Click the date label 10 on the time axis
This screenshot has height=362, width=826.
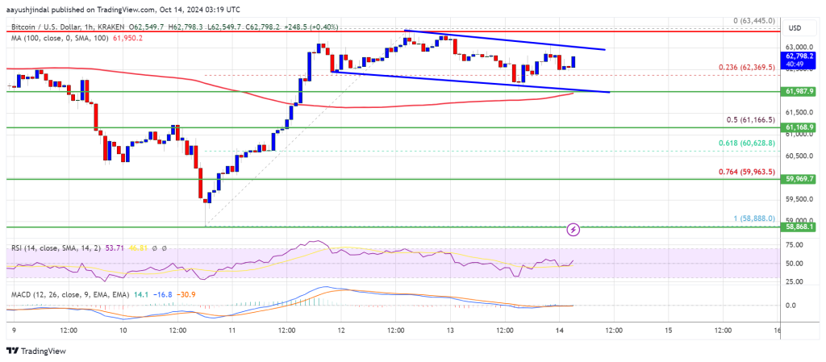123,330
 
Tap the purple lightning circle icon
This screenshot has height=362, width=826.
574,230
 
